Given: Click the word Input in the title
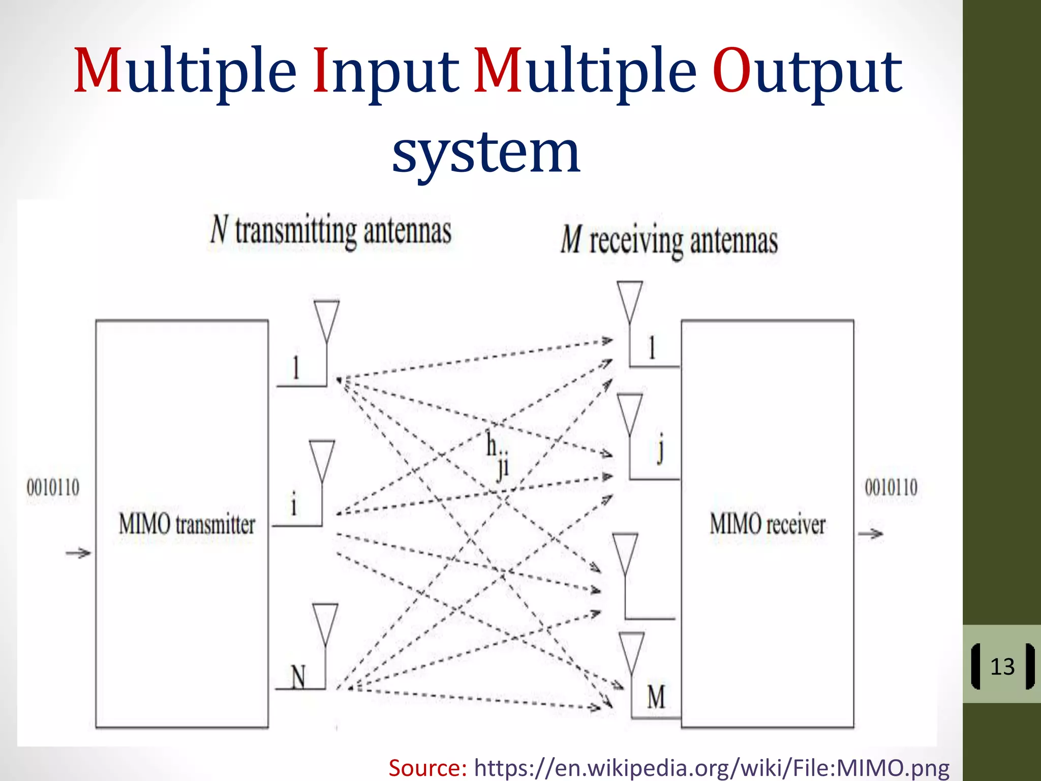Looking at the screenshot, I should pyautogui.click(x=385, y=71).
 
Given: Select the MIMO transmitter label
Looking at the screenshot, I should pyautogui.click(x=187, y=524).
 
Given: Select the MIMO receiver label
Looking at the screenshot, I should pyautogui.click(x=767, y=524).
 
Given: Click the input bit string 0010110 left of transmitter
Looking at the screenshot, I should pyautogui.click(x=53, y=488).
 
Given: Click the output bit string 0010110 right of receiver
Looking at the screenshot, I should pyautogui.click(x=891, y=488).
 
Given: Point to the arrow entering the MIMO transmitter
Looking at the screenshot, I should pyautogui.click(x=78, y=553).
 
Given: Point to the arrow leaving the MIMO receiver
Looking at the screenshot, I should pyautogui.click(x=871, y=533).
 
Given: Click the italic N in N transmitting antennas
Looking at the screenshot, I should pyautogui.click(x=219, y=230).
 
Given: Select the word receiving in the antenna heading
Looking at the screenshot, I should pyautogui.click(x=635, y=241).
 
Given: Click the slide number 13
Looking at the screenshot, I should pyautogui.click(x=1002, y=667).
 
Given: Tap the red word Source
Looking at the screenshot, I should pyautogui.click(x=427, y=767).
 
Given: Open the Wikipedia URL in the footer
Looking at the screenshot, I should pyautogui.click(x=712, y=767).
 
